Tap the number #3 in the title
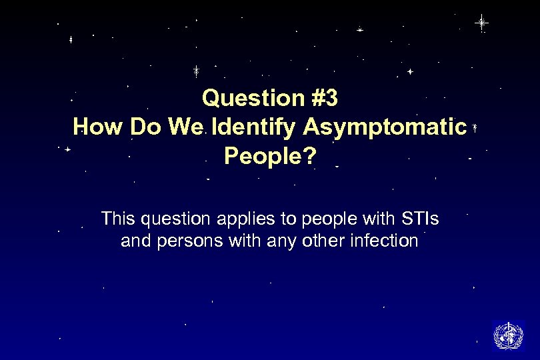(325, 99)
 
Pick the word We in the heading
(189, 127)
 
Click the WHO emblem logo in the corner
(507, 335)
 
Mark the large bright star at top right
(481, 23)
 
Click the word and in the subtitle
(135, 241)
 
